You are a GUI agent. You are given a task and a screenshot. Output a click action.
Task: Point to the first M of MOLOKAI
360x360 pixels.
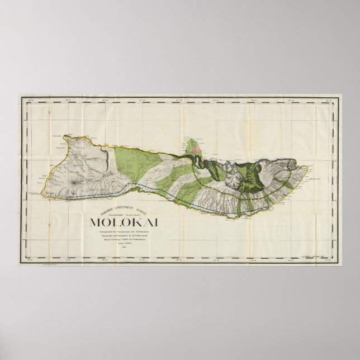pyautogui.click(x=96, y=222)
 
